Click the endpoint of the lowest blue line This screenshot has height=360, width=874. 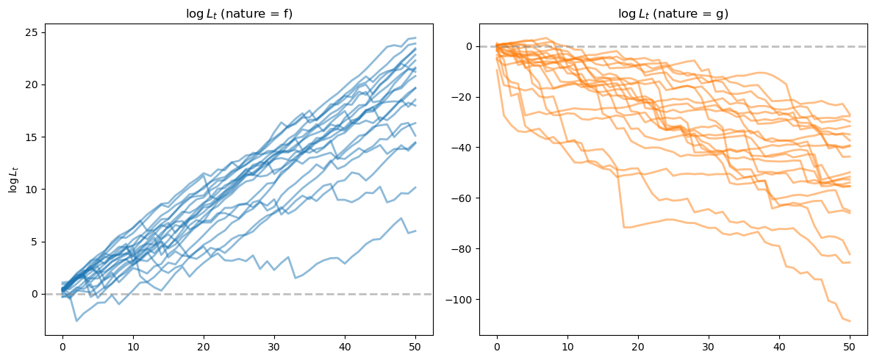(x=416, y=231)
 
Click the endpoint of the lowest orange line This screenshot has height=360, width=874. (x=850, y=321)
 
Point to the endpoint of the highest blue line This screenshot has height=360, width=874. (x=416, y=38)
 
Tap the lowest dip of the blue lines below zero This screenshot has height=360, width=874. (x=76, y=321)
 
